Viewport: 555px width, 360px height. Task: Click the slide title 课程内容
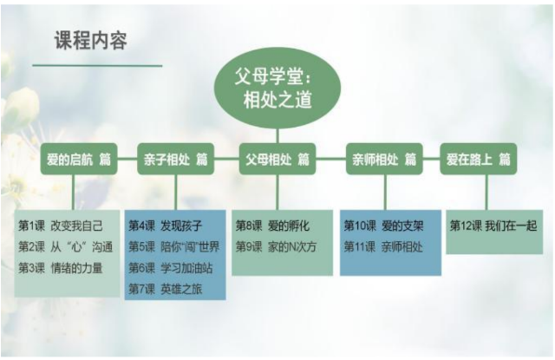click(x=91, y=41)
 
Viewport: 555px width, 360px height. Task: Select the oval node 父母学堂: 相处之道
click(x=277, y=88)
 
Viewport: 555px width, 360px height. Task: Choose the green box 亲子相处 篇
click(x=176, y=160)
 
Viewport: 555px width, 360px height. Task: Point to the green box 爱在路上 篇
click(x=478, y=160)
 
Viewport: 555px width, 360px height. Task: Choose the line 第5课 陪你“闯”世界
click(x=174, y=246)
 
